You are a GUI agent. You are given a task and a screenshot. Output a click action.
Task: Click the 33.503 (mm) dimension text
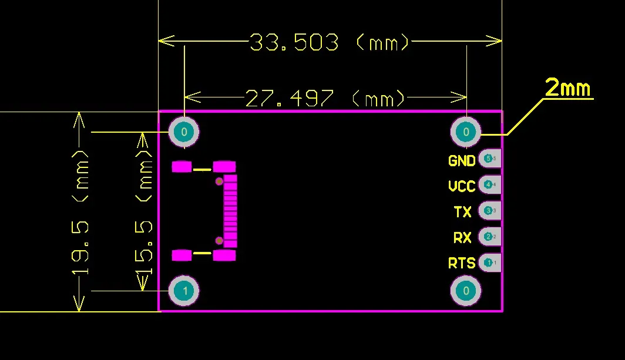point(329,42)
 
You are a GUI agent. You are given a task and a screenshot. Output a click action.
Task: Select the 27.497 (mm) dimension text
point(325,98)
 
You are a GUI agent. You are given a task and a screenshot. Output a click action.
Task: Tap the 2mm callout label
point(567,88)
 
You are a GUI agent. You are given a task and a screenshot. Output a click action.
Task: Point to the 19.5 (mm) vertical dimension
point(80,212)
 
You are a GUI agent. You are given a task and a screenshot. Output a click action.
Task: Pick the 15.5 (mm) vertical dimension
point(144,212)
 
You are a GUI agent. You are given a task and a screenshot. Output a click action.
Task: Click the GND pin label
point(462,160)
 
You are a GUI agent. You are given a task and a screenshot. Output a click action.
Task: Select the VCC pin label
point(462,186)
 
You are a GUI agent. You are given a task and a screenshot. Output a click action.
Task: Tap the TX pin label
point(463,211)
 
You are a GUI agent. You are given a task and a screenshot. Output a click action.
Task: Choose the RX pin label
point(462,237)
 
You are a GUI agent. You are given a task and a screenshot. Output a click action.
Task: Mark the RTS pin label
point(462,263)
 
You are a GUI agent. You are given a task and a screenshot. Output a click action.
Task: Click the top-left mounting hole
point(184,132)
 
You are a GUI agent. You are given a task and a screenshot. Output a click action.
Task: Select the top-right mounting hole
point(466,132)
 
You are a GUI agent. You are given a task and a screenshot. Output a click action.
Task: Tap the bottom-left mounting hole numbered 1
point(184,290)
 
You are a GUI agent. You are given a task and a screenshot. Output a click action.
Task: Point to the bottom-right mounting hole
point(466,290)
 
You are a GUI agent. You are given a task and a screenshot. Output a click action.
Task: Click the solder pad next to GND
point(489,159)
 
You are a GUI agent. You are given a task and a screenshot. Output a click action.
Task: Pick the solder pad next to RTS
point(489,263)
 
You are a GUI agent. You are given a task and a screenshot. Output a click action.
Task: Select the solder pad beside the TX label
point(489,210)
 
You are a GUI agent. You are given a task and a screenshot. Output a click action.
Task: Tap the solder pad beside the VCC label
point(489,184)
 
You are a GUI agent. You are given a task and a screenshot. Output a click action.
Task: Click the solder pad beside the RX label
point(489,237)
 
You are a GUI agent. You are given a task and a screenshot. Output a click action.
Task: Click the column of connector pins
point(230,211)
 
